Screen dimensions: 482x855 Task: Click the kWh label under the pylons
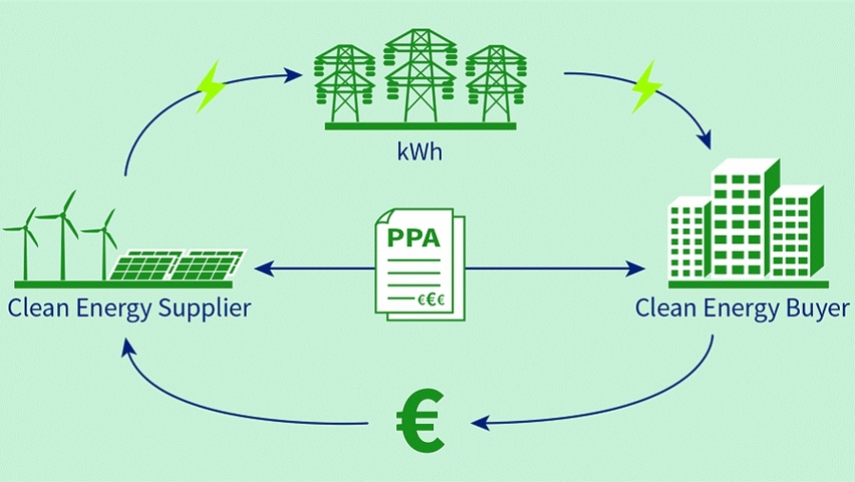pyautogui.click(x=420, y=153)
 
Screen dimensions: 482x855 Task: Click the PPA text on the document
pyautogui.click(x=414, y=237)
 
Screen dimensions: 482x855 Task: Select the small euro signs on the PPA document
pyautogui.click(x=433, y=299)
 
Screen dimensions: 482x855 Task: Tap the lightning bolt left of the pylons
pyautogui.click(x=210, y=87)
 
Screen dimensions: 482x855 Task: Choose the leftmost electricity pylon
pyautogui.click(x=343, y=81)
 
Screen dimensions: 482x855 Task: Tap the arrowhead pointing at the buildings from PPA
pyautogui.click(x=636, y=270)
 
